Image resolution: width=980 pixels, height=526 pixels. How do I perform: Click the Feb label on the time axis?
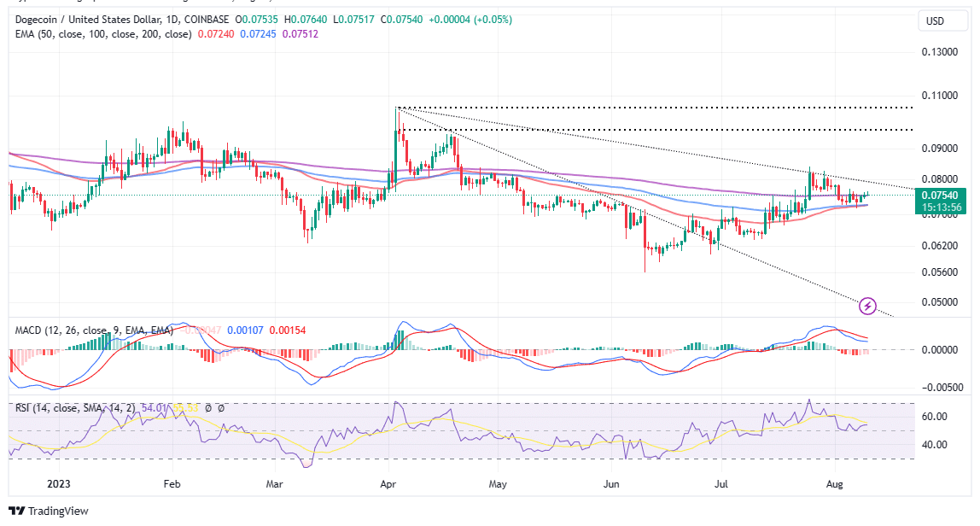[172, 482]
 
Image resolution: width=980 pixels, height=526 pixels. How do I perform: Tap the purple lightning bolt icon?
[867, 305]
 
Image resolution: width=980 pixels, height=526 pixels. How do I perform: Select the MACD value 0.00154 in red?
[287, 330]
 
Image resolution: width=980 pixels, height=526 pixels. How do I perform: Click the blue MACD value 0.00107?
[248, 330]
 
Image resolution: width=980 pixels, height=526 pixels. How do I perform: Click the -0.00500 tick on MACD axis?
[942, 387]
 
